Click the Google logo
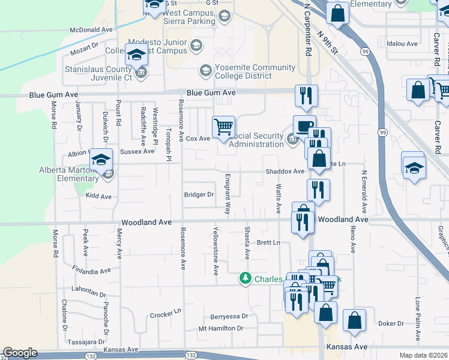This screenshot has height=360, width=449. point(20,353)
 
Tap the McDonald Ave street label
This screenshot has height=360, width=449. point(91,29)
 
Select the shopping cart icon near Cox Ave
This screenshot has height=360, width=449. point(224,127)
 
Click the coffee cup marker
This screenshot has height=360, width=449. point(304,127)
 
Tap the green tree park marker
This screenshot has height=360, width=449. point(245,278)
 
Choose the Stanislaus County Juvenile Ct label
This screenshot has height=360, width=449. point(98,73)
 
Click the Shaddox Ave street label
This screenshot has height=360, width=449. point(286,172)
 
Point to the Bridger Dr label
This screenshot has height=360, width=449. point(199,194)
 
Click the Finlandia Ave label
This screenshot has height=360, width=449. point(91,271)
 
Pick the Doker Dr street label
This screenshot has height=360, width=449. point(391,323)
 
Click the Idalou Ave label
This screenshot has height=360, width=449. point(402,44)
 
